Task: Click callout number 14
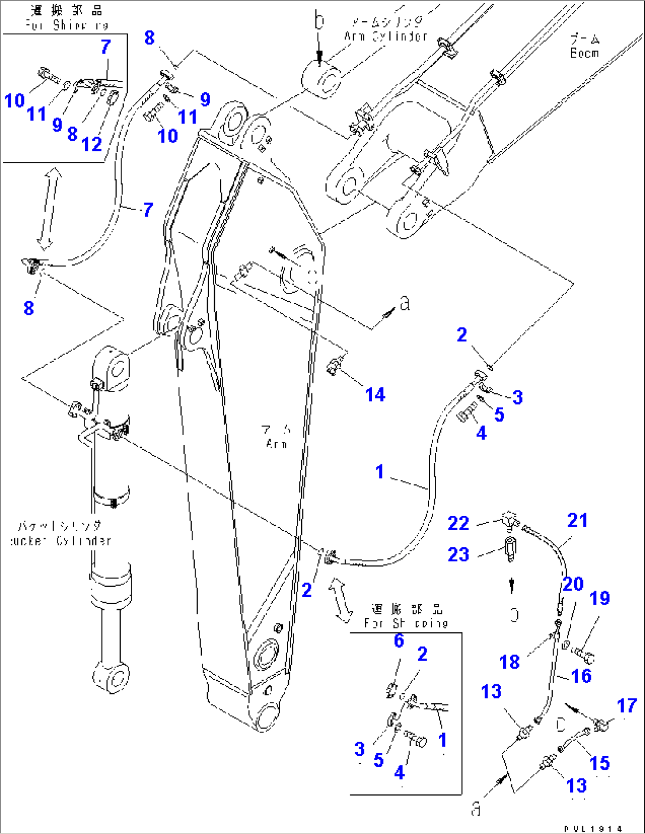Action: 375,395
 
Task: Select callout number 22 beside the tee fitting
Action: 458,523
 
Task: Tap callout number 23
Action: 458,554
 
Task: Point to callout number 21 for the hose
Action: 578,520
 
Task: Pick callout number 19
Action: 599,598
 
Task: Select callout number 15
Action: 599,763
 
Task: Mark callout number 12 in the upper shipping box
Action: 92,144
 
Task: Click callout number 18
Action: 509,661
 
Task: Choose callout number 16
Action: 581,675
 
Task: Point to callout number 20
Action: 573,584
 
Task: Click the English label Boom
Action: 584,53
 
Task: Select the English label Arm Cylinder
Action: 386,36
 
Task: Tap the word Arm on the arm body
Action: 276,444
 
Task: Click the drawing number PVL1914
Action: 593,829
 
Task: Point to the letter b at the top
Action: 320,22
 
